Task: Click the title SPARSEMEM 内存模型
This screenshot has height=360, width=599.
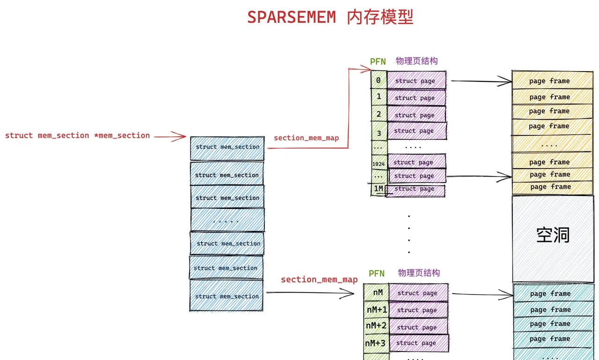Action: pos(330,17)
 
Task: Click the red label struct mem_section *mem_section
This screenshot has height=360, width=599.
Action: pos(78,136)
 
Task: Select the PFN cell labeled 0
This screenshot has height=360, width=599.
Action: pos(379,81)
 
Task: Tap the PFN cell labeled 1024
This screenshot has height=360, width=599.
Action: pos(379,163)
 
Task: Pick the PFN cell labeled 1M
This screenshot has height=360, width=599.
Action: pos(378,189)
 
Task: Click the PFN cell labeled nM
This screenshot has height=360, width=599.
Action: pos(377,293)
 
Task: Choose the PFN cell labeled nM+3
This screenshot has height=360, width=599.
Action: pos(376,343)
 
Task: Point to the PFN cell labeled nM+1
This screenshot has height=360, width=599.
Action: pos(376,310)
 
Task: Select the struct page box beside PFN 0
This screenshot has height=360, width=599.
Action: pos(416,81)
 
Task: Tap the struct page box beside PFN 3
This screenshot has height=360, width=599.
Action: pos(416,131)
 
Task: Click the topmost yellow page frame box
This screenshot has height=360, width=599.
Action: pos(552,81)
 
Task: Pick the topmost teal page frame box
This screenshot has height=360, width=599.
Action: pos(553,294)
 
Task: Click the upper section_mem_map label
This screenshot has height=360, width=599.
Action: pos(306,138)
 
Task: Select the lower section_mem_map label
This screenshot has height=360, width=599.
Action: pos(319,279)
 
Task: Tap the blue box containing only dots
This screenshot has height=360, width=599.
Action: pos(227,220)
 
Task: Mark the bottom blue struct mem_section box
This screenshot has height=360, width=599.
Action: pos(226,295)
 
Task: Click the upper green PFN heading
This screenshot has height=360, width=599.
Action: pos(378,62)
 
